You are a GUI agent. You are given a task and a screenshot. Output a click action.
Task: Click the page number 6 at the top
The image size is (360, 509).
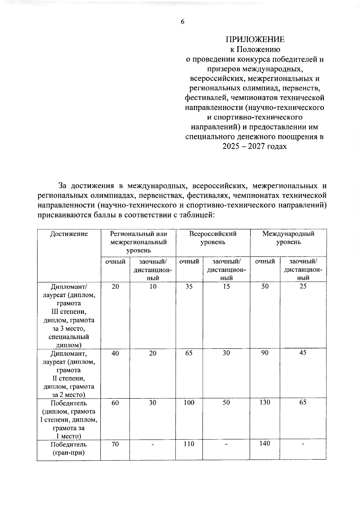pyautogui.click(x=182, y=22)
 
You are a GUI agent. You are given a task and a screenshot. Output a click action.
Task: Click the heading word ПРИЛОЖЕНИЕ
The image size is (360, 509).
pyautogui.click(x=255, y=40)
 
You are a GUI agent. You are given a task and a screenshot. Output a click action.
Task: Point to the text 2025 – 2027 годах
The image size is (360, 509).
pyautogui.click(x=255, y=147)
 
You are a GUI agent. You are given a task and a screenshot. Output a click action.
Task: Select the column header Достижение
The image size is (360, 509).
pyautogui.click(x=69, y=234)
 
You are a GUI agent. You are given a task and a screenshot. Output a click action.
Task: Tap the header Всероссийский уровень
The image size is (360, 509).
pyautogui.click(x=213, y=238)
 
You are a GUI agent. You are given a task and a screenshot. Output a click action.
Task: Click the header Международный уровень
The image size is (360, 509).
pyautogui.click(x=288, y=238)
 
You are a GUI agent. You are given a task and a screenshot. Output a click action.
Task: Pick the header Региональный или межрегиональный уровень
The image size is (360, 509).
pyautogui.click(x=138, y=242)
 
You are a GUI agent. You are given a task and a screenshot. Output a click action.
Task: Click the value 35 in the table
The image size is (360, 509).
pyautogui.click(x=189, y=287)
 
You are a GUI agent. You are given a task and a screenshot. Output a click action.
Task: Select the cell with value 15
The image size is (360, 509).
pyautogui.click(x=226, y=287)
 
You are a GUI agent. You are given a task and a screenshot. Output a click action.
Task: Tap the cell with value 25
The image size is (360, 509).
pyautogui.click(x=303, y=286)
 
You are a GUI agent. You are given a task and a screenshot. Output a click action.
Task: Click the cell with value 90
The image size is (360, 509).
pyautogui.click(x=265, y=353)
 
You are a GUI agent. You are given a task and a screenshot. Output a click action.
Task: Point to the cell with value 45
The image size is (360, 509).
pyautogui.click(x=303, y=353)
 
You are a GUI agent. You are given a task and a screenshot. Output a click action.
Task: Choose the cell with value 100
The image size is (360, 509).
pyautogui.click(x=189, y=403)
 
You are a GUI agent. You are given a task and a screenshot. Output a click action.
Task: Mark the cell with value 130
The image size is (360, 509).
pyautogui.click(x=265, y=402)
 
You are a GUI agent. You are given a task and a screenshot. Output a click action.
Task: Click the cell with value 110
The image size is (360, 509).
pyautogui.click(x=189, y=444)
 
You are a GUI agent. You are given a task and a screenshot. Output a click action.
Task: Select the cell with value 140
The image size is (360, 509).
pyautogui.click(x=265, y=444)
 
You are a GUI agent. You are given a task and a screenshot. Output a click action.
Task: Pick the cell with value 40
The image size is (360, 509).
pyautogui.click(x=115, y=353)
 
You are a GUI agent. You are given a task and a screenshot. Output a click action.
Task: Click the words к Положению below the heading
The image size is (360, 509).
pyautogui.click(x=255, y=49)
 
